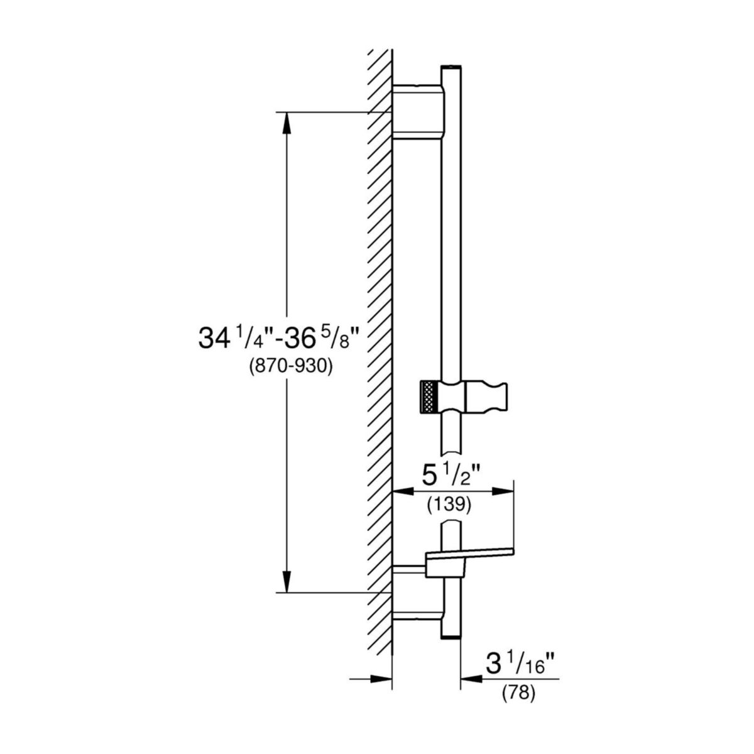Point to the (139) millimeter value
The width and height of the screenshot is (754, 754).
449,505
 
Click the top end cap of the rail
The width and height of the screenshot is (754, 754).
452,67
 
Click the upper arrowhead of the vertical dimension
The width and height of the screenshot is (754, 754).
287,123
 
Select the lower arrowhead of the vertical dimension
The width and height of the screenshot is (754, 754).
287,581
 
